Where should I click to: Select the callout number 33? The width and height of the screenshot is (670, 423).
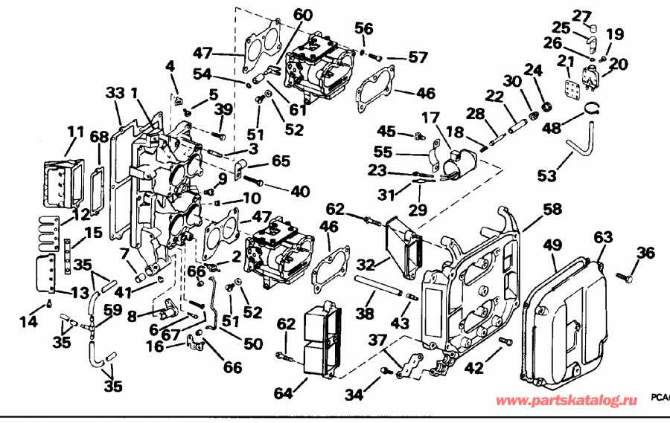(x=114, y=93)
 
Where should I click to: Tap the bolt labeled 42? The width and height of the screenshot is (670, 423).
(x=506, y=343)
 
